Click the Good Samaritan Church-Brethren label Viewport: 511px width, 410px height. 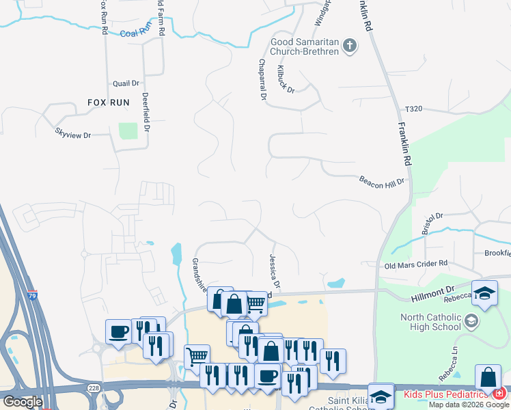pyautogui.click(x=304, y=46)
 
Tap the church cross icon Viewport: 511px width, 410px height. pyautogui.click(x=350, y=46)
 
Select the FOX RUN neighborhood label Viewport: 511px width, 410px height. pyautogui.click(x=108, y=102)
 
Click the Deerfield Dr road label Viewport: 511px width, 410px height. pyautogui.click(x=146, y=113)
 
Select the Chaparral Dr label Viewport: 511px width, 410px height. pyautogui.click(x=262, y=79)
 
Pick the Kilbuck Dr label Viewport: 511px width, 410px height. pyautogui.click(x=286, y=79)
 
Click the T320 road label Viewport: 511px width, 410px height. pyautogui.click(x=414, y=109)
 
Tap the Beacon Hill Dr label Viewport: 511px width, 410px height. pyautogui.click(x=383, y=180)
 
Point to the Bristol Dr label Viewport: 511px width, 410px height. pyautogui.click(x=432, y=222)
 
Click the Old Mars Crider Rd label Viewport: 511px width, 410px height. pyautogui.click(x=415, y=264)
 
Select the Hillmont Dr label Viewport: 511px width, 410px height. pyautogui.click(x=432, y=295)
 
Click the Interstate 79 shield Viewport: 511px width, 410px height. pyautogui.click(x=33, y=296)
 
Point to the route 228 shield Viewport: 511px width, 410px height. pyautogui.click(x=93, y=387)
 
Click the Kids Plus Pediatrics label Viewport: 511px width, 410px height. pyautogui.click(x=445, y=394)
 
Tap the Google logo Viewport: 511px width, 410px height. pyautogui.click(x=22, y=402)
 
